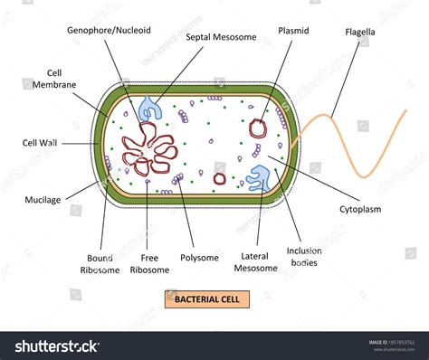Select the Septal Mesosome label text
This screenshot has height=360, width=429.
pos(221,37)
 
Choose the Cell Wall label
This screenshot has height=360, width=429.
pos(42,142)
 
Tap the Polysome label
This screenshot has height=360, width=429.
pos(199,258)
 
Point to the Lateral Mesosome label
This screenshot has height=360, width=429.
pos(255,262)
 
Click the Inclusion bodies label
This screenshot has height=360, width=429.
pos(305,257)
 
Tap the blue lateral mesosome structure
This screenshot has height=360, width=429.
pos(260,179)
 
